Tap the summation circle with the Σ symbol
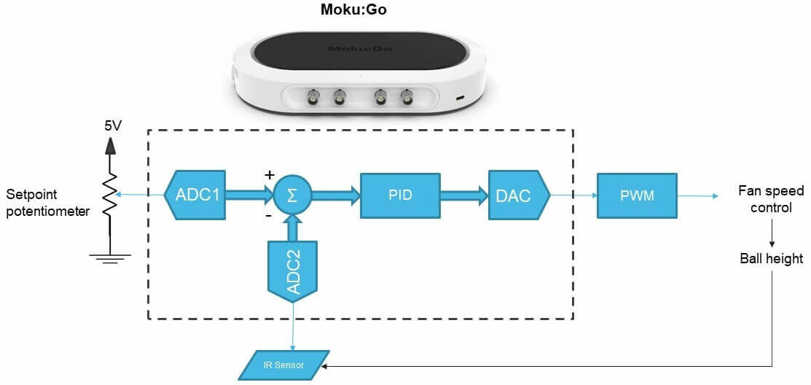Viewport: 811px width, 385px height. point(291,195)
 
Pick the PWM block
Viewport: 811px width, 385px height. point(637,195)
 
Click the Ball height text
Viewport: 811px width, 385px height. point(772,258)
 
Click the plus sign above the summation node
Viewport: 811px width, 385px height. point(269,175)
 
